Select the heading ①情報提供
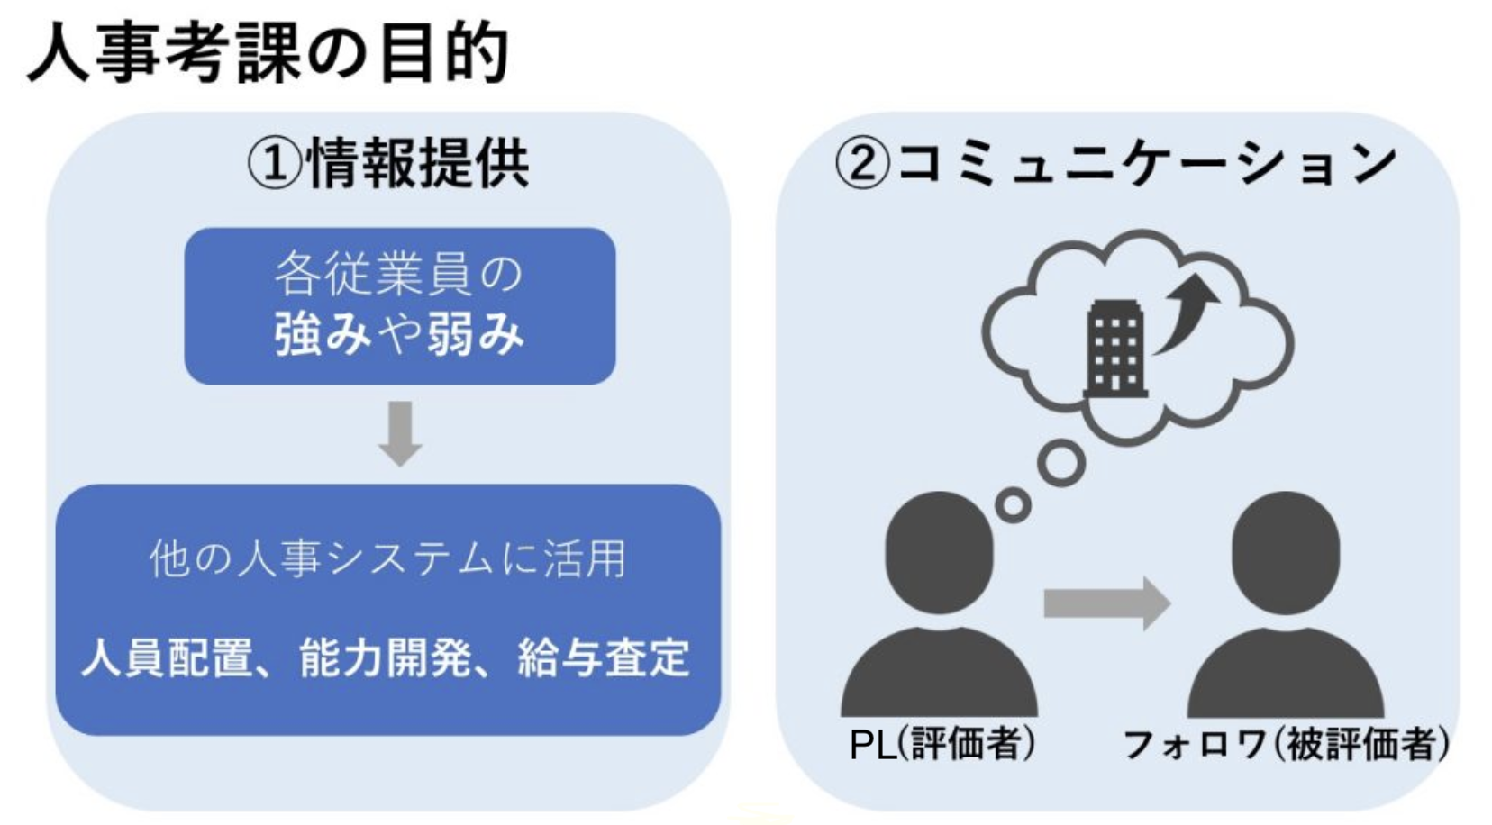point(388,165)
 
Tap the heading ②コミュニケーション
point(1115,165)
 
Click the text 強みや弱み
point(399,334)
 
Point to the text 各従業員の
point(399,274)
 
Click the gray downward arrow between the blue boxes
point(400,433)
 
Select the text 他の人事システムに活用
point(387,558)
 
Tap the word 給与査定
point(604,657)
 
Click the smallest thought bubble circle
point(1014,504)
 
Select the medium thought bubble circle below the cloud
point(1060,463)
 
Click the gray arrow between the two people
point(1106,603)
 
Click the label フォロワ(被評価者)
point(1286,745)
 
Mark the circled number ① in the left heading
point(275,166)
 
